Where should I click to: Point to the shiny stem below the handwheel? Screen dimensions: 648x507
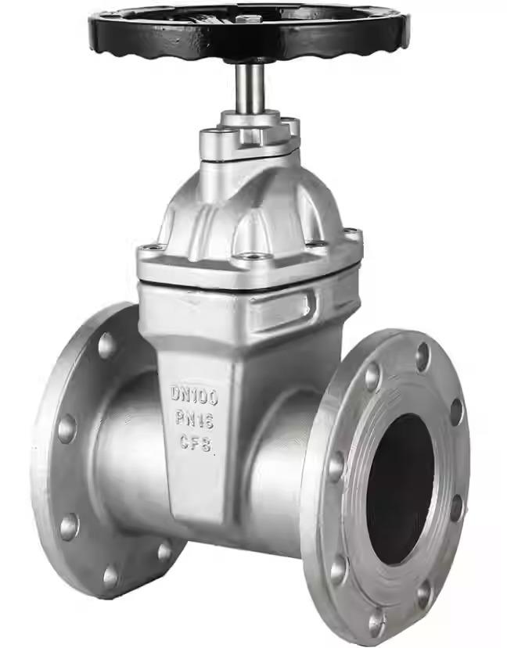click(x=252, y=86)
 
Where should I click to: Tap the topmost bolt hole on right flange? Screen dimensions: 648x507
click(x=422, y=356)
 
